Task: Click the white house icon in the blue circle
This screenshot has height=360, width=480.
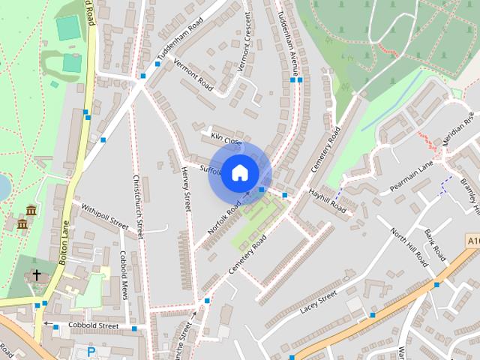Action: click(239, 173)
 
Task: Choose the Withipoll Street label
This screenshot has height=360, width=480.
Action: click(106, 214)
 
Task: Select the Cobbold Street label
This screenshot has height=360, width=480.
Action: click(94, 326)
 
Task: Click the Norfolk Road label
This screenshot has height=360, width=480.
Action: click(224, 218)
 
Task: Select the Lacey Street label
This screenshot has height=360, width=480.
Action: click(319, 301)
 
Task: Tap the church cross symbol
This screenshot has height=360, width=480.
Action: click(36, 275)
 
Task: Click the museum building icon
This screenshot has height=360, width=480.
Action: click(30, 209)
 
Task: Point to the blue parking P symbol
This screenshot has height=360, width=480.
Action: click(91, 352)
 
